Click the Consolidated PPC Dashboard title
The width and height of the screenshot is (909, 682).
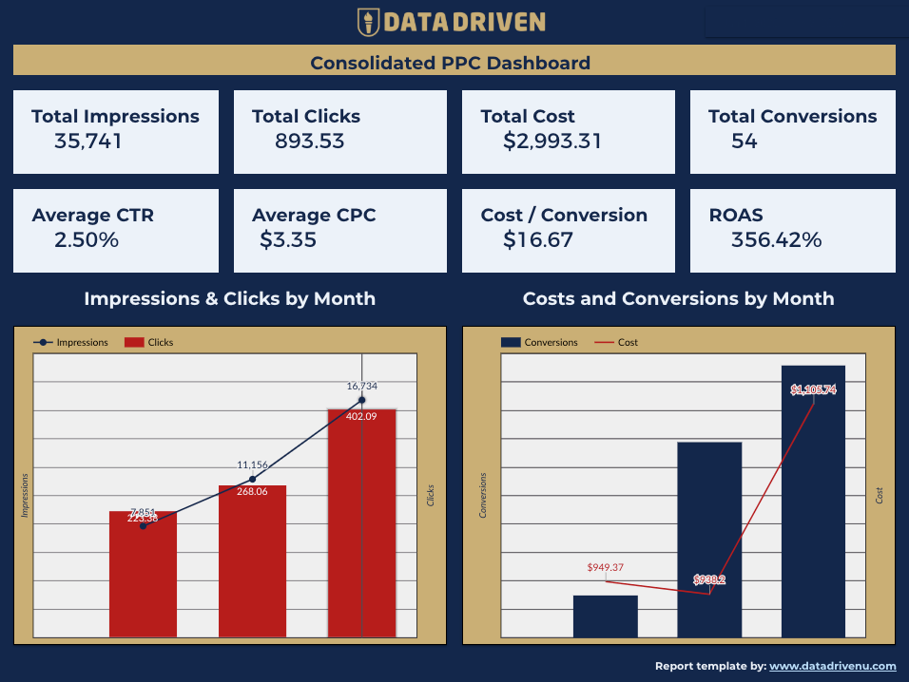[x=450, y=63]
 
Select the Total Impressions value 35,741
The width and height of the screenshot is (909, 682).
[x=88, y=142]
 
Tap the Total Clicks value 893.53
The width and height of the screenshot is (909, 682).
[x=309, y=142]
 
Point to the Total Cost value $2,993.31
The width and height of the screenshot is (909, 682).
[x=551, y=142]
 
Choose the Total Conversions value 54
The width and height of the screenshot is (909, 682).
[x=744, y=142]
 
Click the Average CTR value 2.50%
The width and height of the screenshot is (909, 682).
[x=87, y=239]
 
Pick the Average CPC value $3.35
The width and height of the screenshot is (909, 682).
[x=288, y=239]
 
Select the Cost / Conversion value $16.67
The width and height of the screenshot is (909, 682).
[x=538, y=239]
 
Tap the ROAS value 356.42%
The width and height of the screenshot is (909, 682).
[x=776, y=239]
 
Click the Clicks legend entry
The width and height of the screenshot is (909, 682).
[x=149, y=342]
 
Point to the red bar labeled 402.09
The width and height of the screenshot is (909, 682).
[x=361, y=522]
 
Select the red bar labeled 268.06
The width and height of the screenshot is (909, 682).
[x=252, y=560]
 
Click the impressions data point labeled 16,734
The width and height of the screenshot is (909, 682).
[x=361, y=400]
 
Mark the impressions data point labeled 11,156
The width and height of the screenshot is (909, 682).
[x=252, y=479]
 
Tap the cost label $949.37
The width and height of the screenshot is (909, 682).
[x=606, y=567]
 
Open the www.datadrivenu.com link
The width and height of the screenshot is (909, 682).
[x=832, y=666]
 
